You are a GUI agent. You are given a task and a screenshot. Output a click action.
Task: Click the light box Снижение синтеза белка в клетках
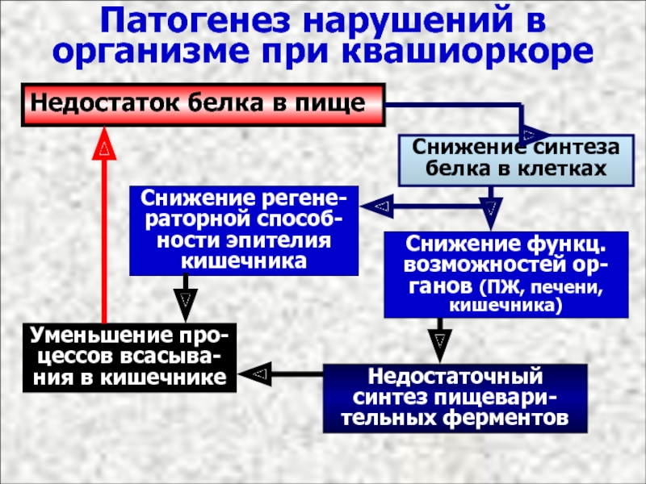[515, 158]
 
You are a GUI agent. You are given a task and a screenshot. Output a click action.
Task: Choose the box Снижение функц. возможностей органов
[505, 274]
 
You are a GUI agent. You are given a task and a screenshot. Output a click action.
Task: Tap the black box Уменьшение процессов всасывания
[129, 357]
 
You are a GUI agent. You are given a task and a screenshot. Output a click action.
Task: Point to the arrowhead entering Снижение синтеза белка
[532, 133]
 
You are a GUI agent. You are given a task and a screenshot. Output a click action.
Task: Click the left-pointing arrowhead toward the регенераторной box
[378, 207]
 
